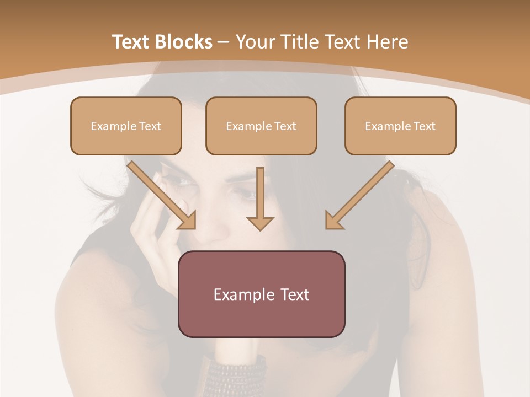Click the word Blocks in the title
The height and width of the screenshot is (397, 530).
coord(184,42)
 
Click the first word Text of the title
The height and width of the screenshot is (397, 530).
coord(131,42)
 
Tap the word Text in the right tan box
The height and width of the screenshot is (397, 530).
coord(424,126)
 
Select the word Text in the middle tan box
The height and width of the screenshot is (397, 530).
coord(285,126)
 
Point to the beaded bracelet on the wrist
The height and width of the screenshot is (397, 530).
coord(235,375)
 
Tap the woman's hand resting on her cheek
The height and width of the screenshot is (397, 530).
coord(152,221)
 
